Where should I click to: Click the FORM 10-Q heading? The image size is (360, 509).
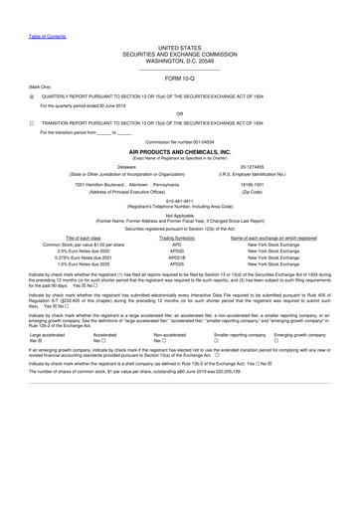coord(179,78)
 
